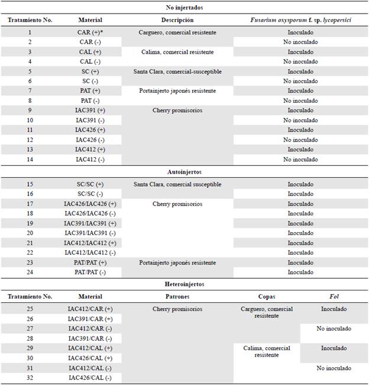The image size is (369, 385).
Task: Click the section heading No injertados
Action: tap(184, 8)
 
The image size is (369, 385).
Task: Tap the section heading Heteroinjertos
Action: tap(184, 284)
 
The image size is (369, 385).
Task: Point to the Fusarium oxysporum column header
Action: tap(300, 20)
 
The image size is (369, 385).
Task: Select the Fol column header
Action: tap(334, 296)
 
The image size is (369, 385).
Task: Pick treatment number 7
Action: tap(30, 91)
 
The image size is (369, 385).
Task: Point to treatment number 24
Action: tap(30, 272)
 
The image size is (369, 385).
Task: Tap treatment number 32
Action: tap(30, 377)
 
